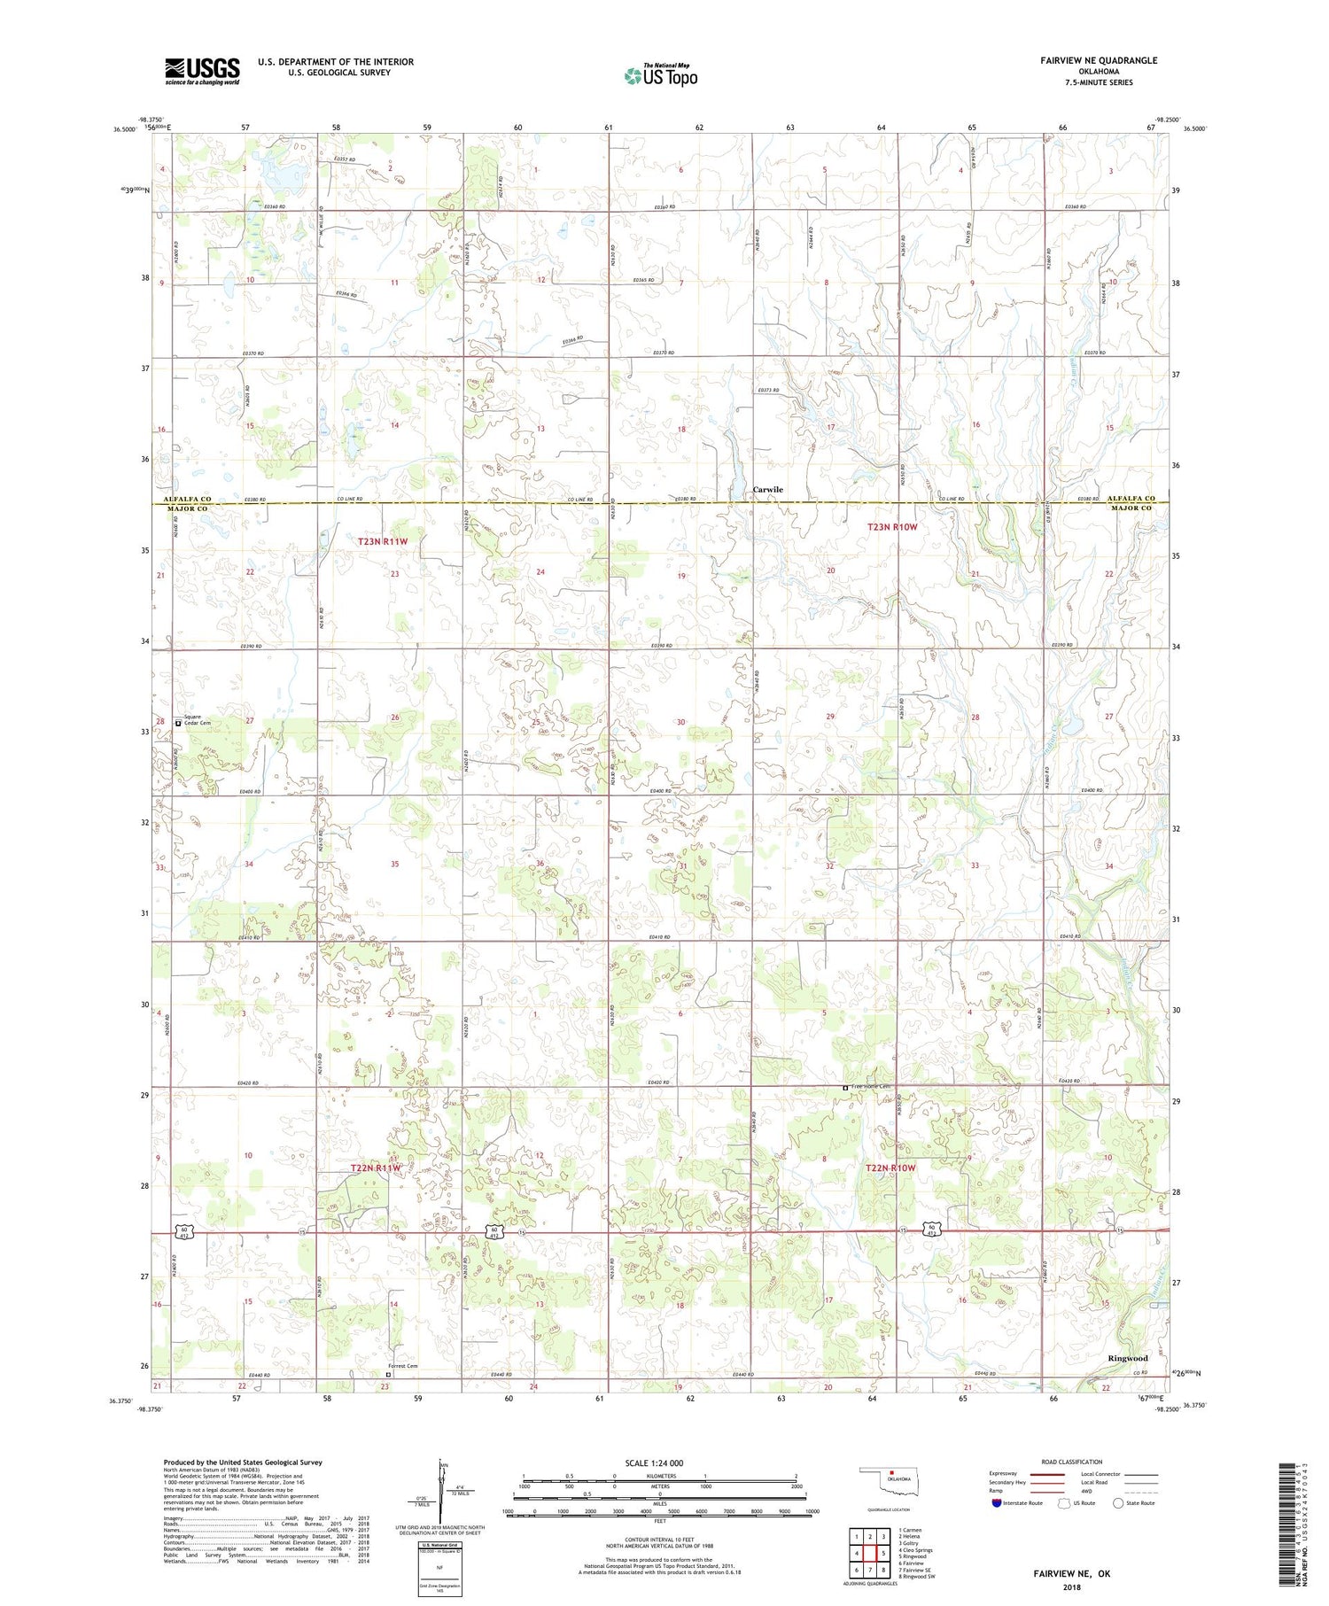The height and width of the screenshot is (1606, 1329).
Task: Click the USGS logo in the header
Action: tap(202, 71)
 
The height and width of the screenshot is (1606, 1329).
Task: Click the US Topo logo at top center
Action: tap(660, 76)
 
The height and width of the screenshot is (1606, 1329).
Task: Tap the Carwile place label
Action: tap(767, 489)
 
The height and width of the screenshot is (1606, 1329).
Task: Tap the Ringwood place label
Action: tap(1127, 1358)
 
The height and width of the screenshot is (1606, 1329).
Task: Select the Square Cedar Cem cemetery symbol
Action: tap(178, 723)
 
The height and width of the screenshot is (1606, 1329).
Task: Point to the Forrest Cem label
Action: tap(402, 1366)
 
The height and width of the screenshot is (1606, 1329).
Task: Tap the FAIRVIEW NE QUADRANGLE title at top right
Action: tap(1099, 60)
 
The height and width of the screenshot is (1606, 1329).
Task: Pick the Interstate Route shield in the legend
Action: tap(998, 1503)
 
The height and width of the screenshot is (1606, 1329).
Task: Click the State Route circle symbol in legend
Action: tap(1118, 1502)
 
